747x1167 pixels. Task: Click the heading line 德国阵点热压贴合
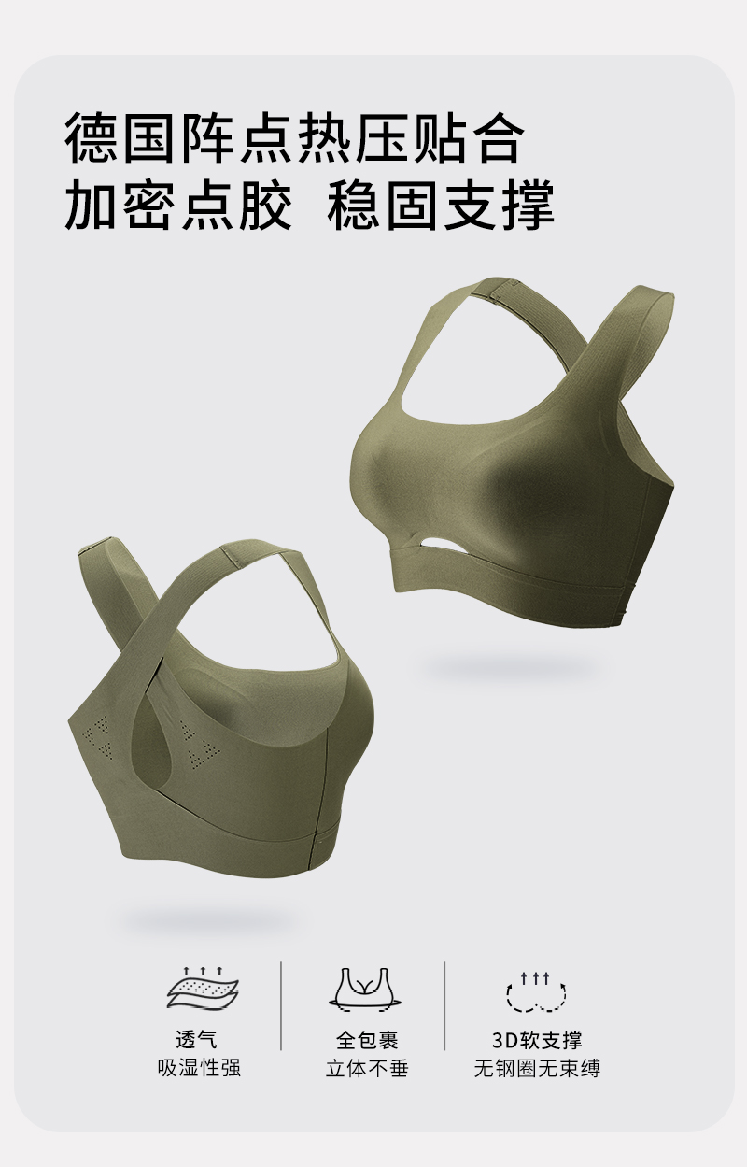(294, 138)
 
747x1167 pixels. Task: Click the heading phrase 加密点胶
(177, 205)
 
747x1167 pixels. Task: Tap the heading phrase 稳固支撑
(441, 205)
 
